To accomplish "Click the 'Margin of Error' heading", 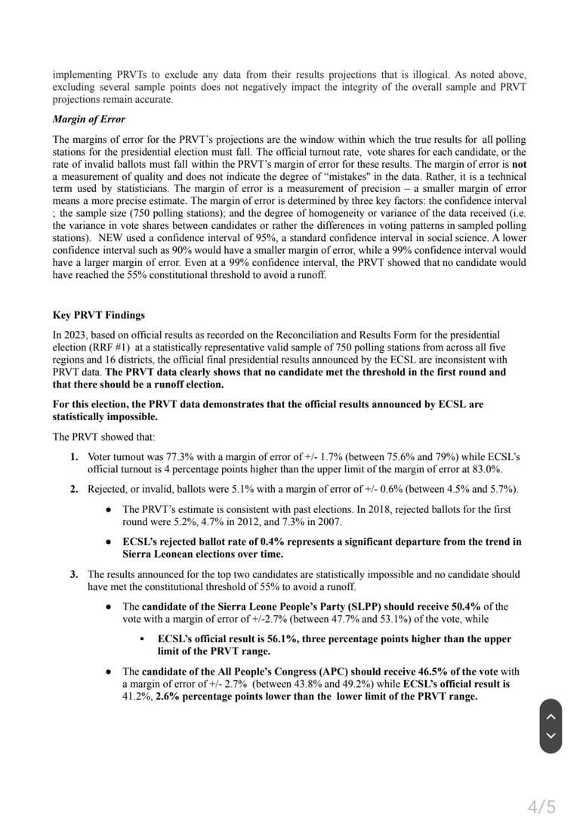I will click(88, 119).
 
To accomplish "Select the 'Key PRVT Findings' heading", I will click(98, 315).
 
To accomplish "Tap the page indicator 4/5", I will click(541, 807).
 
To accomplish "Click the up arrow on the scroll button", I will click(551, 716).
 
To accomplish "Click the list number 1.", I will click(74, 457).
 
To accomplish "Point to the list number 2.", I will click(74, 489).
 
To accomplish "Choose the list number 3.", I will click(74, 574).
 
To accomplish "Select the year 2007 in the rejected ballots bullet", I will click(329, 522).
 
